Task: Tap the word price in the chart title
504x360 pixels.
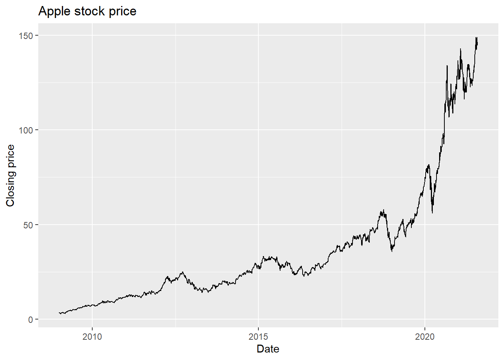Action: click(x=123, y=11)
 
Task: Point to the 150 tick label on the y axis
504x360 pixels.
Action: click(x=26, y=35)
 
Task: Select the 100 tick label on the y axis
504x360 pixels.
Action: click(x=26, y=130)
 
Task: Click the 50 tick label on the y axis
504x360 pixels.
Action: click(x=28, y=225)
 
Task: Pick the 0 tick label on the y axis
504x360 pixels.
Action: click(x=31, y=319)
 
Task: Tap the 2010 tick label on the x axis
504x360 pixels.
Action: click(x=92, y=337)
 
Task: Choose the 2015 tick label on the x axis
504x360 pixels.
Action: click(x=258, y=337)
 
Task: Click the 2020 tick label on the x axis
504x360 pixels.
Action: click(x=425, y=337)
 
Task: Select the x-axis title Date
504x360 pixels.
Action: click(x=268, y=349)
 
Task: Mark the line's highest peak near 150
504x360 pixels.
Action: click(x=476, y=37)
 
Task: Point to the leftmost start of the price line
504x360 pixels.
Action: click(x=59, y=313)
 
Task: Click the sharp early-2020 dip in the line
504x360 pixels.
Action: click(x=432, y=213)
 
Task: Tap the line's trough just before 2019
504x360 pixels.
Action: click(x=392, y=251)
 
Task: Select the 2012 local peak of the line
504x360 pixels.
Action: click(x=182, y=272)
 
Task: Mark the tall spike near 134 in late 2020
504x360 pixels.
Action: click(x=447, y=66)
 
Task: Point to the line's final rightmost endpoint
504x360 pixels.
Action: click(x=477, y=45)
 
